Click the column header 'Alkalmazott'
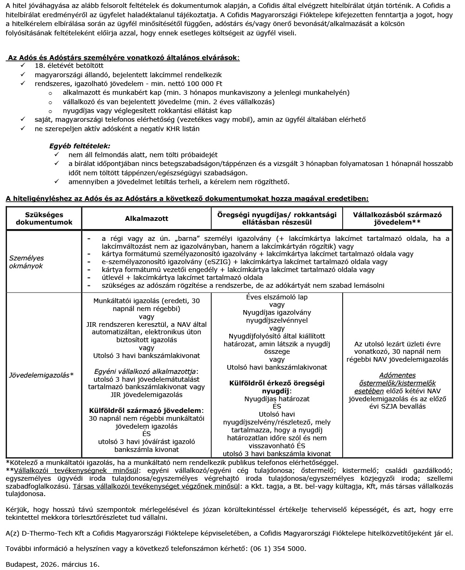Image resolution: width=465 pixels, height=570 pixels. click(146, 219)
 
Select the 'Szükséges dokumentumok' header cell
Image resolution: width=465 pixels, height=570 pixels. click(44, 219)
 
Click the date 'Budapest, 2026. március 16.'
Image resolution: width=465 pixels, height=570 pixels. click(53, 564)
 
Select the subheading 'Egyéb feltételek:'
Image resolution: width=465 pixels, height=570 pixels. click(80, 146)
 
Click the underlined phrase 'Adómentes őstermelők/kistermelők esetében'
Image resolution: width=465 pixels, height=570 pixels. click(397, 383)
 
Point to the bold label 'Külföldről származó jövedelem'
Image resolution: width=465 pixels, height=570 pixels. click(146, 411)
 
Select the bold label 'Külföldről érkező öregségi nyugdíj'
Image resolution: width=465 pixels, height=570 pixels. click(277, 387)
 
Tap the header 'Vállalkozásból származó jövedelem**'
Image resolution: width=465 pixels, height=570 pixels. click(397, 219)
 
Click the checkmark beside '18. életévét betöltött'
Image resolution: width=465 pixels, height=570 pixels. click(23, 66)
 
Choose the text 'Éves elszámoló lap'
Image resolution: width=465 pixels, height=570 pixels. click(277, 297)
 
